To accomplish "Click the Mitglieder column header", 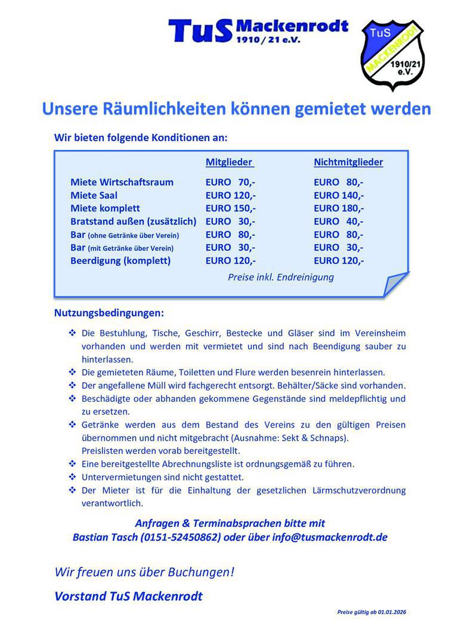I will [229, 162].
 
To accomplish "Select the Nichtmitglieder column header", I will [348, 162].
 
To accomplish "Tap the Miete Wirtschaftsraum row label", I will [122, 182].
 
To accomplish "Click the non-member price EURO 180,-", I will [339, 208].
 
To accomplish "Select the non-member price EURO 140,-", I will [339, 195].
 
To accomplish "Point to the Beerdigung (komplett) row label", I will [120, 261].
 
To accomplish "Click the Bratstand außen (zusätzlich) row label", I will [133, 221].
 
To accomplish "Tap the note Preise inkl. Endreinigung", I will [281, 277].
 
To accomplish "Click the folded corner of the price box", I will [395, 284].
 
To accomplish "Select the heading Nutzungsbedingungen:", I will [109, 313].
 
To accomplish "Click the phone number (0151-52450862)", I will [180, 537].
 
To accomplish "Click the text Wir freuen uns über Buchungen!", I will [144, 572].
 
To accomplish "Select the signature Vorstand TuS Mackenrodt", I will [128, 596].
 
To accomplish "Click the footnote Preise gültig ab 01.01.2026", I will [372, 612].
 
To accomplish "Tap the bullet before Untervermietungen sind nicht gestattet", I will [72, 477].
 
